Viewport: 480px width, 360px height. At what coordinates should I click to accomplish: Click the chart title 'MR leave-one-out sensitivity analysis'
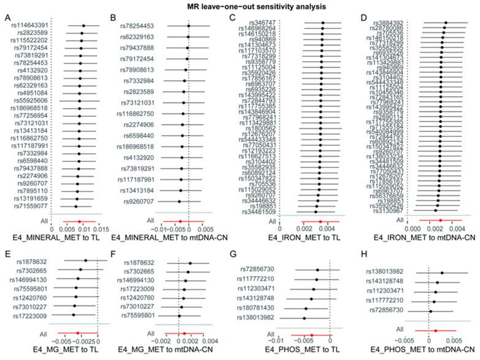(240, 7)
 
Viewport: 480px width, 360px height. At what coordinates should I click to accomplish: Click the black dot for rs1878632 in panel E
(85, 261)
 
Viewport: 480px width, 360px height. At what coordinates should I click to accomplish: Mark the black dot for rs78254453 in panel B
(188, 26)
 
